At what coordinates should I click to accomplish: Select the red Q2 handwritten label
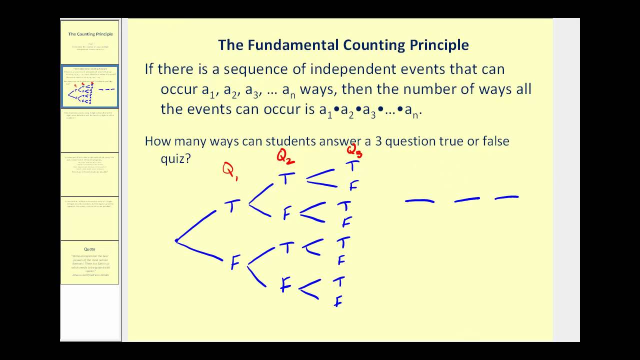(285, 158)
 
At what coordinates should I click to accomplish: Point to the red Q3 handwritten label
(354, 150)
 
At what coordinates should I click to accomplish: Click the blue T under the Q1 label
(231, 206)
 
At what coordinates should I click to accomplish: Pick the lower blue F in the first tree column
(235, 263)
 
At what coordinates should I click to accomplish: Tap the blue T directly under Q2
(286, 178)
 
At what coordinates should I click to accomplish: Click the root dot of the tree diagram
(176, 240)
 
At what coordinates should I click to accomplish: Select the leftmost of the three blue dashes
(419, 201)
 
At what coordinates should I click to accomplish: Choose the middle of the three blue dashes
(466, 199)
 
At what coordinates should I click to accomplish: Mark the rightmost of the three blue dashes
(506, 198)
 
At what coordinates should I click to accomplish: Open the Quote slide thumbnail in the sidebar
(89, 262)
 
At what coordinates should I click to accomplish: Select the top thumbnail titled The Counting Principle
(90, 42)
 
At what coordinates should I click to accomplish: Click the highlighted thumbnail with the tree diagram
(90, 86)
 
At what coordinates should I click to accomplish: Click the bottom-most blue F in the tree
(338, 301)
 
